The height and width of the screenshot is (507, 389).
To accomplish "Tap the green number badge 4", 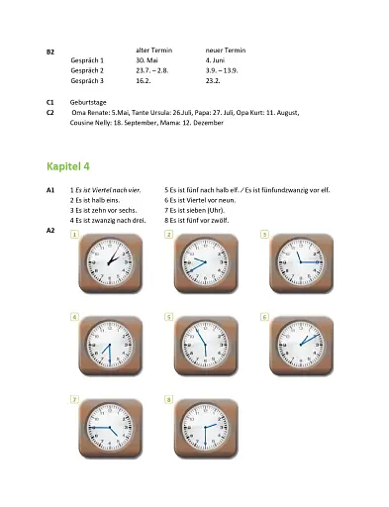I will click(75, 317).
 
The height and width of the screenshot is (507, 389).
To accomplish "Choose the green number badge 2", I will click(169, 235).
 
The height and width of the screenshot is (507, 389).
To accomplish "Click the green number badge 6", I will click(264, 317).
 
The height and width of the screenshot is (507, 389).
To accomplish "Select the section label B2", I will click(50, 50).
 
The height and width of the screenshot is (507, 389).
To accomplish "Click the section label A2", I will click(50, 230).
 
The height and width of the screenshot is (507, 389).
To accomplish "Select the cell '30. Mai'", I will click(148, 60).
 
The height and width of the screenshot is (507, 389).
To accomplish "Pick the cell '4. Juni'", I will click(217, 60).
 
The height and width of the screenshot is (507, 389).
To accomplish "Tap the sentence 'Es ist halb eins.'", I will click(99, 199).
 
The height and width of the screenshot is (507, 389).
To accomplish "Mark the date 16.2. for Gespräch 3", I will click(145, 81).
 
